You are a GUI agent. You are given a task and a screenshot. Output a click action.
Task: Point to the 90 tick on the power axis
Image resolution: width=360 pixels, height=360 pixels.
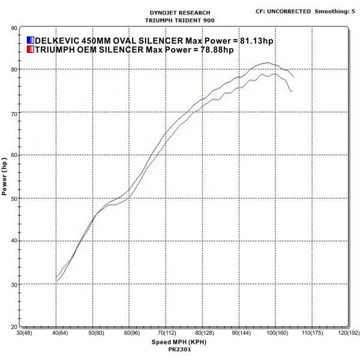coord(13,28)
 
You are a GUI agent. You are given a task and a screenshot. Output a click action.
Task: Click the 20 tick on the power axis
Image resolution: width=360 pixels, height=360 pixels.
coord(13,326)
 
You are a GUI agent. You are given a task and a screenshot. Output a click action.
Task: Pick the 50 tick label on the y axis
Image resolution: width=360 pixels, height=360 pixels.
coord(13,199)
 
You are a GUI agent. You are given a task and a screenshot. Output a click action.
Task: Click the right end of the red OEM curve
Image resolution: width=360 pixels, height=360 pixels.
coord(292,92)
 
